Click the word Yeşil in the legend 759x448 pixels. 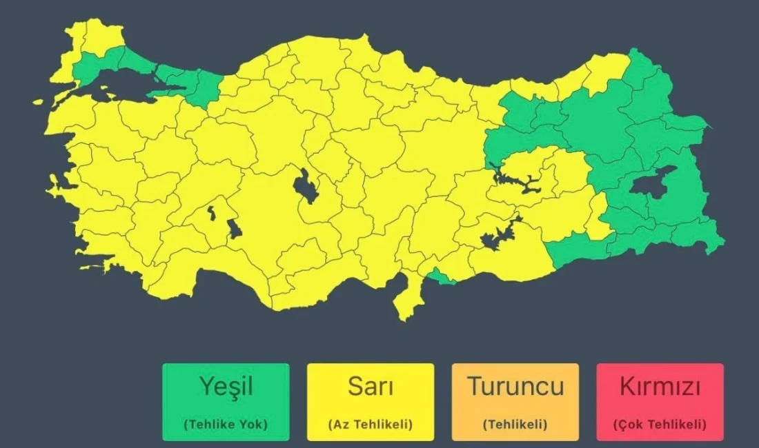pyautogui.click(x=226, y=386)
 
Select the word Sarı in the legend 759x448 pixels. pyautogui.click(x=371, y=386)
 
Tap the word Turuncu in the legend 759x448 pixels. pyautogui.click(x=515, y=386)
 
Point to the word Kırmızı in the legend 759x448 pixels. pyautogui.click(x=660, y=386)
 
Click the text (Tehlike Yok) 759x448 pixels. pyautogui.click(x=226, y=425)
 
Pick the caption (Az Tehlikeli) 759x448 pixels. pyautogui.click(x=371, y=425)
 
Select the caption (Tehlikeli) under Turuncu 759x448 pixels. pyautogui.click(x=515, y=425)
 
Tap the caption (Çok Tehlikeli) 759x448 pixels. pyautogui.click(x=660, y=425)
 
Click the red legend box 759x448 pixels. pyautogui.click(x=660, y=403)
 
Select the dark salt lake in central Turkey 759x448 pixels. pyautogui.click(x=304, y=187)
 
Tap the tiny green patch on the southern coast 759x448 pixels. pyautogui.click(x=440, y=277)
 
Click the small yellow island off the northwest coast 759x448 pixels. pyautogui.click(x=38, y=102)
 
